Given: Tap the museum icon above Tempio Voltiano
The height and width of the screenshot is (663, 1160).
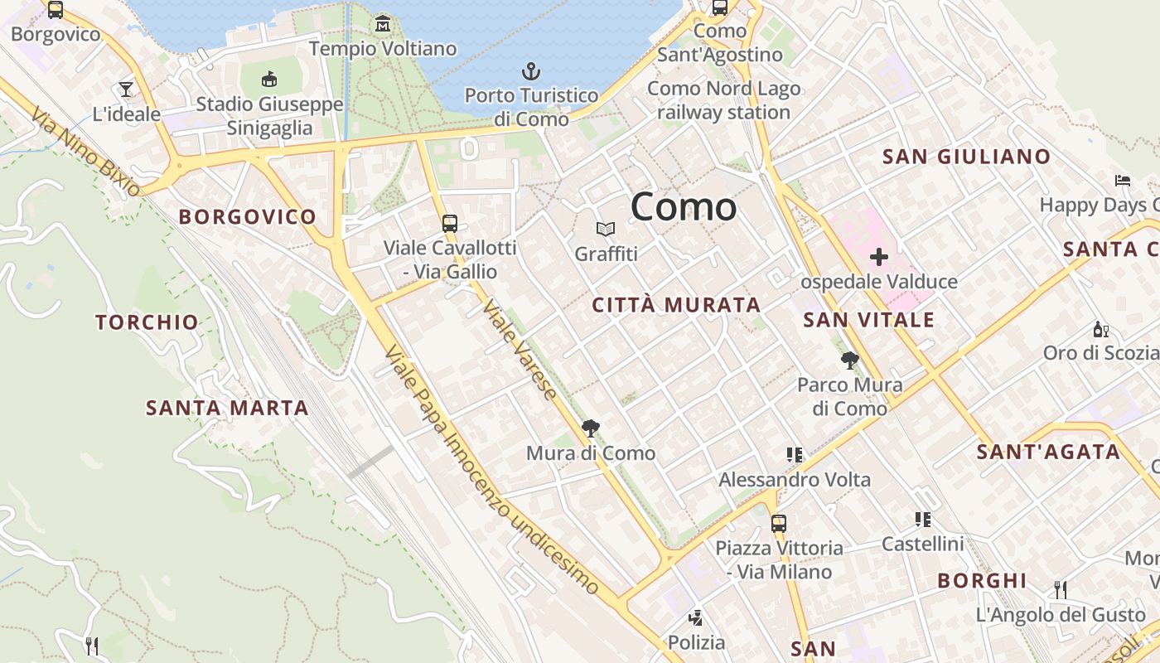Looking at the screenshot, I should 382,23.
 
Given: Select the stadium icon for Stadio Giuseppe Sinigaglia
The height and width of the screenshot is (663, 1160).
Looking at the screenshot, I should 268,80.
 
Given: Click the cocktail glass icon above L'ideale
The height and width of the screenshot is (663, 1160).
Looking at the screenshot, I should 126,89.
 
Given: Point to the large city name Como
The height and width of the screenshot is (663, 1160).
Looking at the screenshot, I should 684,206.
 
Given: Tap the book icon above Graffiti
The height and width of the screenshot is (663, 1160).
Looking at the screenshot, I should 606,229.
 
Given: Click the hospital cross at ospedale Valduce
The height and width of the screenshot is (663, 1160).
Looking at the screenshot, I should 878,257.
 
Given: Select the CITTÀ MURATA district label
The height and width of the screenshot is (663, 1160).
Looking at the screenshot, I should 676,305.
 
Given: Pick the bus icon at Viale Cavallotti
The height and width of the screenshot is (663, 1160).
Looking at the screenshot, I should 449,223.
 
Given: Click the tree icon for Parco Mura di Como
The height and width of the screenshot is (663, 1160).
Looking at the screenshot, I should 849,361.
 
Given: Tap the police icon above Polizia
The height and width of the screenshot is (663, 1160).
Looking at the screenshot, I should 696,617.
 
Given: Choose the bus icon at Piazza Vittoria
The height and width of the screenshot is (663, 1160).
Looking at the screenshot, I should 778,523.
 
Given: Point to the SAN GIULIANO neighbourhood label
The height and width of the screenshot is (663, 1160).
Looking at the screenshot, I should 966,157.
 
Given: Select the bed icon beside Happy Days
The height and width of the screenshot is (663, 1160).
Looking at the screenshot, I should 1123,180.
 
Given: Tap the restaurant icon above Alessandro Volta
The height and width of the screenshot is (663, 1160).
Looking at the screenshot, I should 795,454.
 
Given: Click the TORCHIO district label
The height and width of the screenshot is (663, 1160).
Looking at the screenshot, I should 147,322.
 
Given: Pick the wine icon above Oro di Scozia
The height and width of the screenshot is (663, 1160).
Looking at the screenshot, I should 1100,329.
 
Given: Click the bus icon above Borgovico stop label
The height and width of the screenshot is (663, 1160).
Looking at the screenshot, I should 56,10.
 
